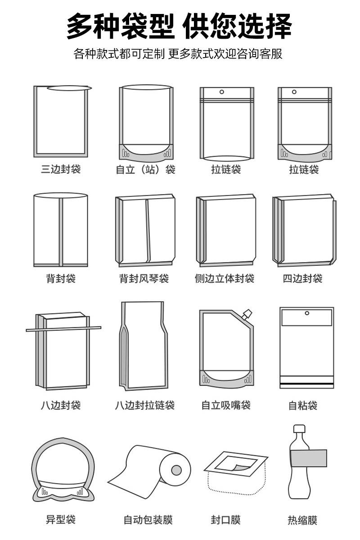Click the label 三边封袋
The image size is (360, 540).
click(61, 169)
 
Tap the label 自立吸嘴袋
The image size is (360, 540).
click(225, 405)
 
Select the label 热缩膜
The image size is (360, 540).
click(302, 521)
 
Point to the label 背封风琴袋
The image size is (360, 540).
click(144, 279)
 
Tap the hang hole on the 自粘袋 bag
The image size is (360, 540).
click(307, 313)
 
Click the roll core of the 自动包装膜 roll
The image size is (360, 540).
click(176, 470)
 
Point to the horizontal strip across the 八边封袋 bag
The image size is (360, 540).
click(63, 329)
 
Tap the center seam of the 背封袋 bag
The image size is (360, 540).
click(61, 232)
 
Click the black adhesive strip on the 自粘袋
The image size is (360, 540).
click(307, 382)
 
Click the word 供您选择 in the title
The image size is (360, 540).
click(238, 27)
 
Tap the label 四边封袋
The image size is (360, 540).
click(302, 279)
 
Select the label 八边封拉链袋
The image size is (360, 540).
click(144, 405)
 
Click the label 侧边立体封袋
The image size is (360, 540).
click(225, 279)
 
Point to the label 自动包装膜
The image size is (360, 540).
click(148, 521)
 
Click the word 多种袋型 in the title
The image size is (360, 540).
click(120, 27)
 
